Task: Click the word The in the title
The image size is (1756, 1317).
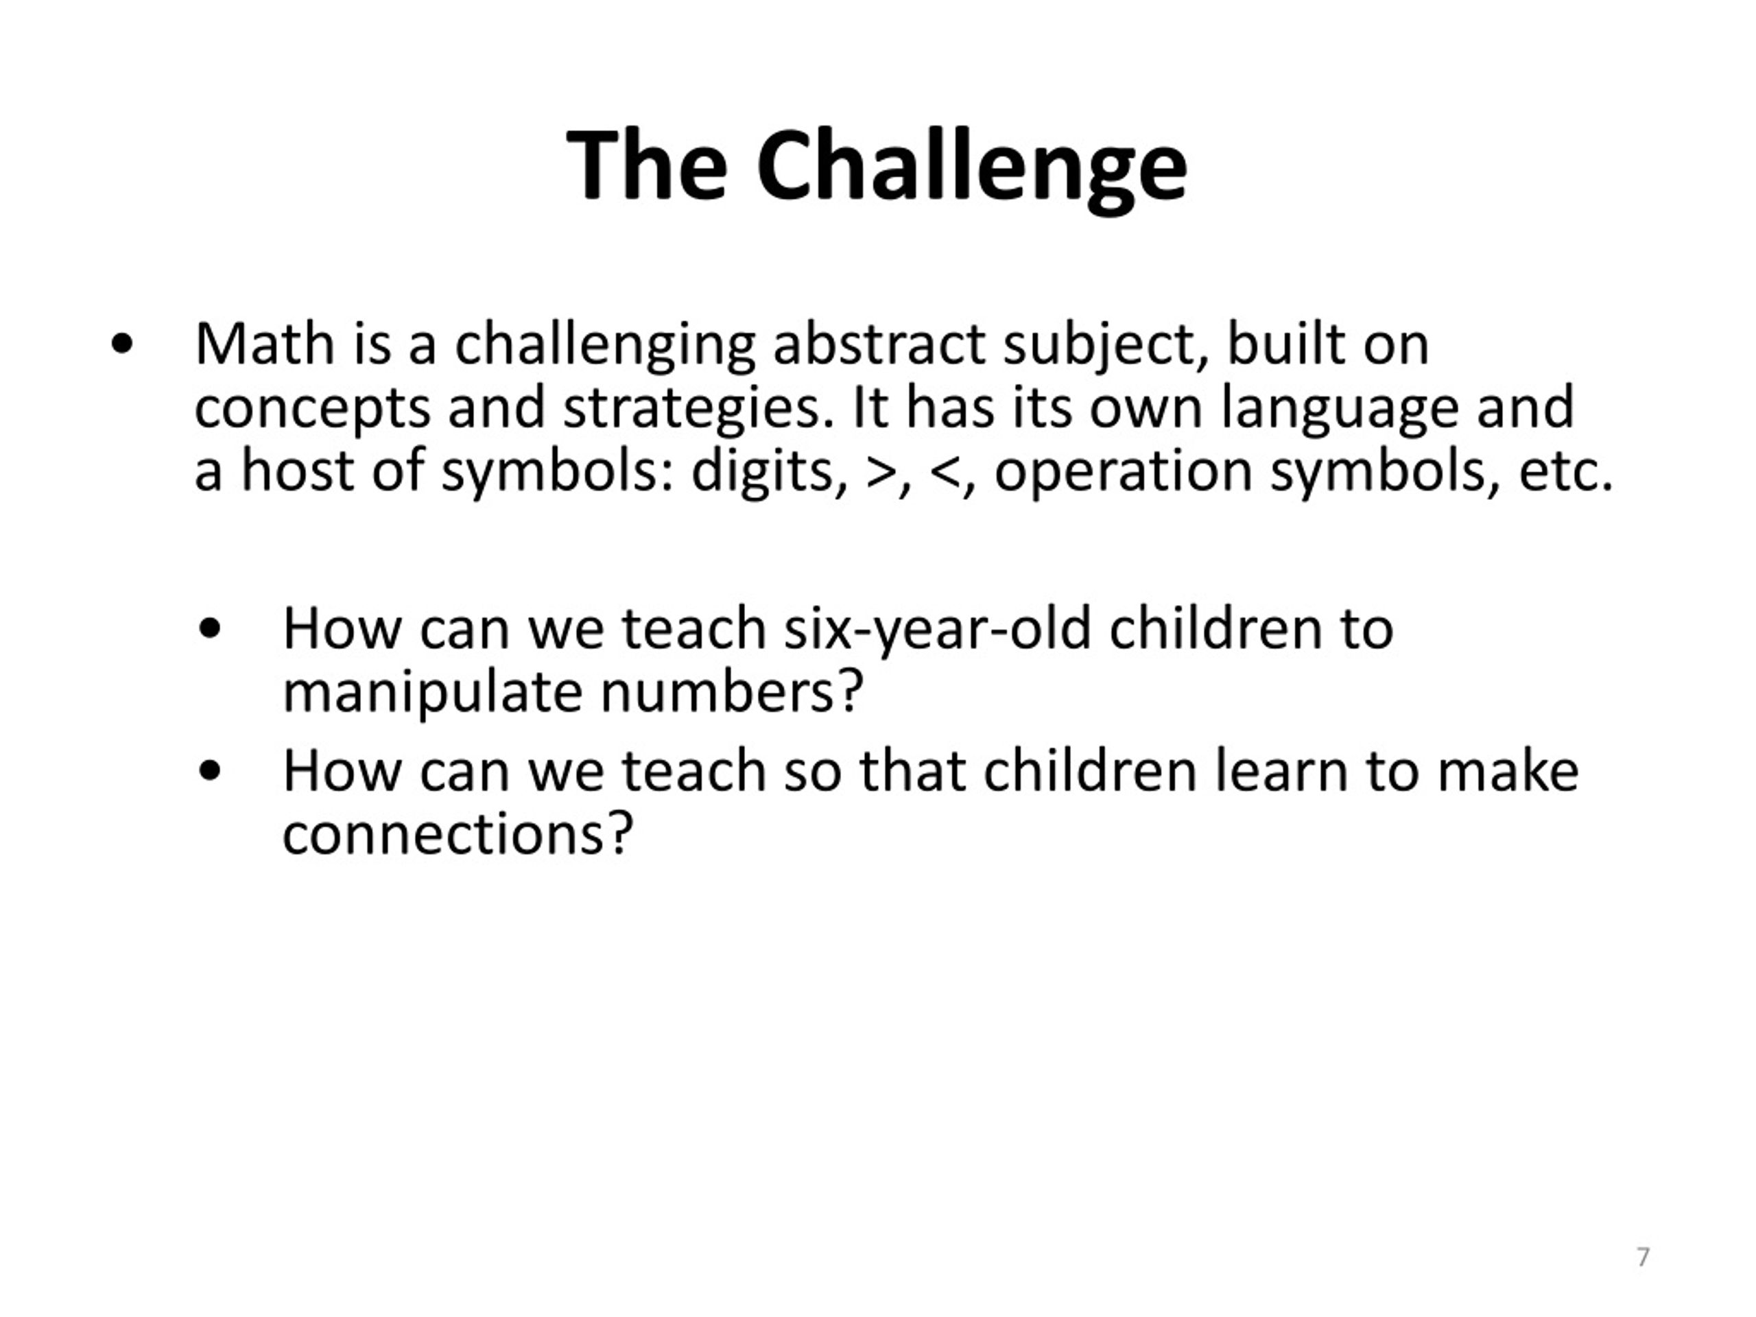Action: click(647, 165)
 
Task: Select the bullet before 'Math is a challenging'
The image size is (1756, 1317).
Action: click(122, 345)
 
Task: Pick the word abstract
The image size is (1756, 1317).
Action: click(879, 344)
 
